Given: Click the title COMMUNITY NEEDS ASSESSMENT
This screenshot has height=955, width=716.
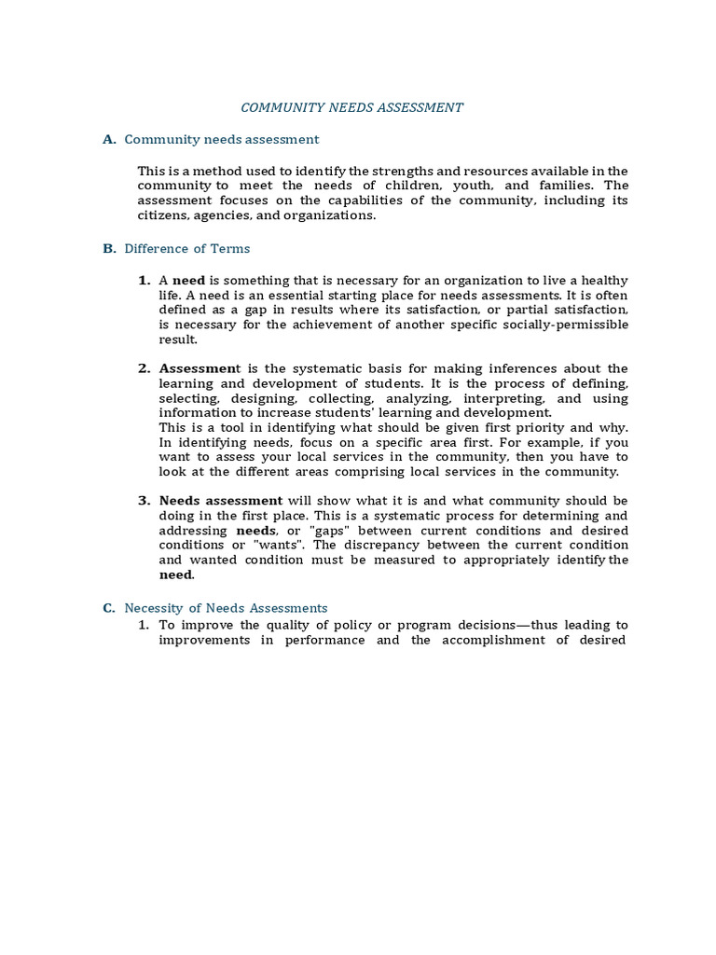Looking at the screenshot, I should point(351,107).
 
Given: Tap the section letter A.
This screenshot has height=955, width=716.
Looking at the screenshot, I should point(109,139).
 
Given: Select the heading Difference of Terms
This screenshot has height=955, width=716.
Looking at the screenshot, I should point(186,249).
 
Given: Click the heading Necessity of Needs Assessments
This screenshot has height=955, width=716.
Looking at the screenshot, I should point(226,608).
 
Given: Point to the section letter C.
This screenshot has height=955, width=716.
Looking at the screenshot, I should point(109,608).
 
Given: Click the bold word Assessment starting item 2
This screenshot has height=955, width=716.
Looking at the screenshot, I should point(197,368).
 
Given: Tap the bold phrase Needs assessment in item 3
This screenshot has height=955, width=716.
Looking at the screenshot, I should point(221,501).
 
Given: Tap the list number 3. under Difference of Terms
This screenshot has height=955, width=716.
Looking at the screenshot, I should point(144,501).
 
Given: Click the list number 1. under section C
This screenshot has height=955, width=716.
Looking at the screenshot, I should point(144,625).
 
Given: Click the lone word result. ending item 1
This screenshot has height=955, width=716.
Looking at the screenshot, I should point(178,339).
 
